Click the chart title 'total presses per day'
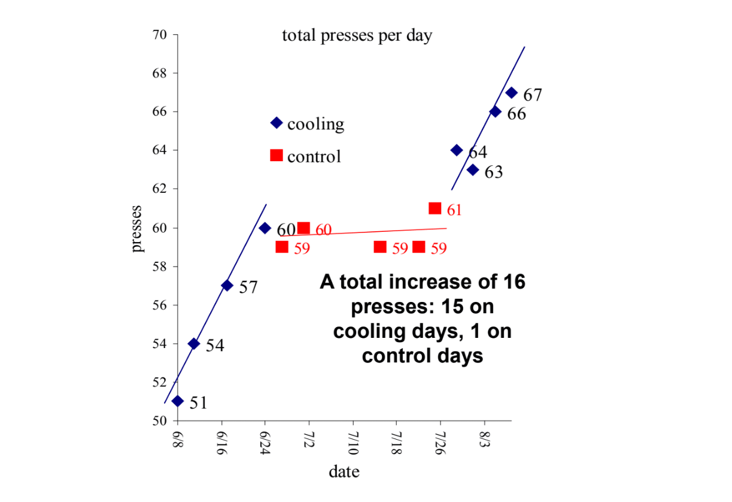coord(357,36)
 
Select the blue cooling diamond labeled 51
coord(178,401)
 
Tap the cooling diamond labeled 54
coord(194,343)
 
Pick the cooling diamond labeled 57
coord(227,285)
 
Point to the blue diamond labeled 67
coord(511,92)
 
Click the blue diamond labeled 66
coord(495,111)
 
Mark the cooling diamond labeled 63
coord(473,170)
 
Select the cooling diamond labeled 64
coord(457,150)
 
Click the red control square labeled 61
coord(435,208)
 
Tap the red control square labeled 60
coord(303,228)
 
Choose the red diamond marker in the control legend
coord(276,155)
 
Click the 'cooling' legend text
coord(315,124)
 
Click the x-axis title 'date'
coord(344,472)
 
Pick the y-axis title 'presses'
coord(138,228)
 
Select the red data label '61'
coord(454,210)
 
